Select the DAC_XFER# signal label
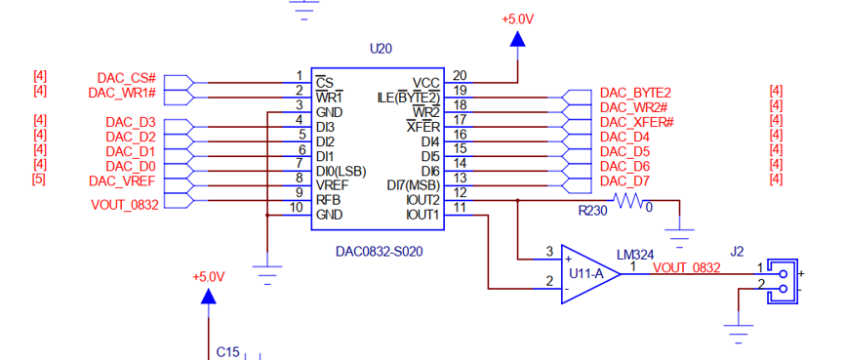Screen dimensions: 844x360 coord(637,123)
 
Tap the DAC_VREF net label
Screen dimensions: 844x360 coord(122,180)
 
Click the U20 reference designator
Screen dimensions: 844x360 coord(381,49)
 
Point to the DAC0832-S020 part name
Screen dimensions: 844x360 coord(379,252)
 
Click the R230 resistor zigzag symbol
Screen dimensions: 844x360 coord(628,201)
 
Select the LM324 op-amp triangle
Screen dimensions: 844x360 coord(590,274)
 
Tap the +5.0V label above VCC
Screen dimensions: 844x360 coord(517,20)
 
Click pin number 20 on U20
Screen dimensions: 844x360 coord(460,75)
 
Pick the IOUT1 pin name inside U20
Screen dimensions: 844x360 coord(422,216)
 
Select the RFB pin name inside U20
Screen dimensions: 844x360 coord(327,200)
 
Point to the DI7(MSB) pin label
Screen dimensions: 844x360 coord(414,185)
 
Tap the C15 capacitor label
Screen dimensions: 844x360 coord(227,352)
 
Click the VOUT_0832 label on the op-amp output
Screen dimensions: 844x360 coord(686,267)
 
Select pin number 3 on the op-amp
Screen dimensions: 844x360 coord(549,251)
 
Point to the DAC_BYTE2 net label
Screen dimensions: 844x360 coord(636,93)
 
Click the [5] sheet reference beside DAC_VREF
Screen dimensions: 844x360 coord(39,179)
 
